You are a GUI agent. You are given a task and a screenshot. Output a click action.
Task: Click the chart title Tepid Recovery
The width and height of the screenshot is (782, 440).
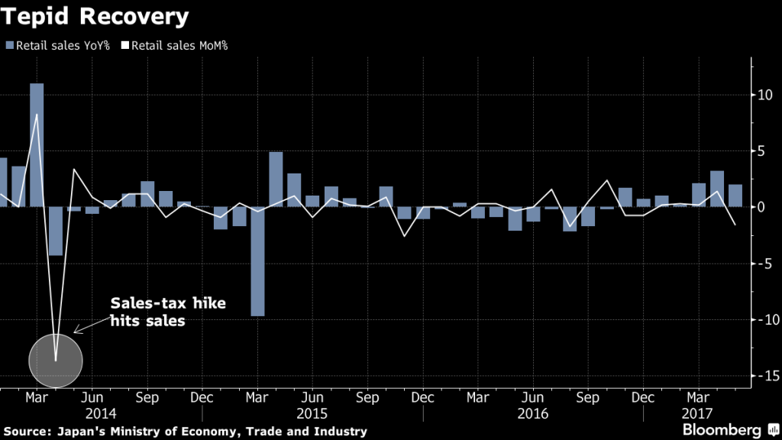(96, 15)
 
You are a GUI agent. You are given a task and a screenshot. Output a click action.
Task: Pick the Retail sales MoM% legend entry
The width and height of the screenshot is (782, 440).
(175, 45)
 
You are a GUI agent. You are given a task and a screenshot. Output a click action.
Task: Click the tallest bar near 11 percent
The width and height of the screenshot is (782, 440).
(37, 145)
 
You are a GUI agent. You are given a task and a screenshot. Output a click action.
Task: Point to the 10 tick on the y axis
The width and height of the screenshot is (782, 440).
(762, 95)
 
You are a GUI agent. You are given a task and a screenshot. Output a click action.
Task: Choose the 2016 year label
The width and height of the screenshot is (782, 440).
(534, 412)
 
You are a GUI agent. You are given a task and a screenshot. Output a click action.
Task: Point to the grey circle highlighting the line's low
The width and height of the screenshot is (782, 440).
(55, 360)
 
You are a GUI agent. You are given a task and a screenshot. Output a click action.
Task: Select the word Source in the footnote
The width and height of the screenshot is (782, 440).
(27, 432)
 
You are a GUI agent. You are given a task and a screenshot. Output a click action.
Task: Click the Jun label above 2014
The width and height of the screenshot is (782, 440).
(92, 398)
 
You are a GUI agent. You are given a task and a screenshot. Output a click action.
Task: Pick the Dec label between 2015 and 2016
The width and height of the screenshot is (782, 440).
(422, 398)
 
